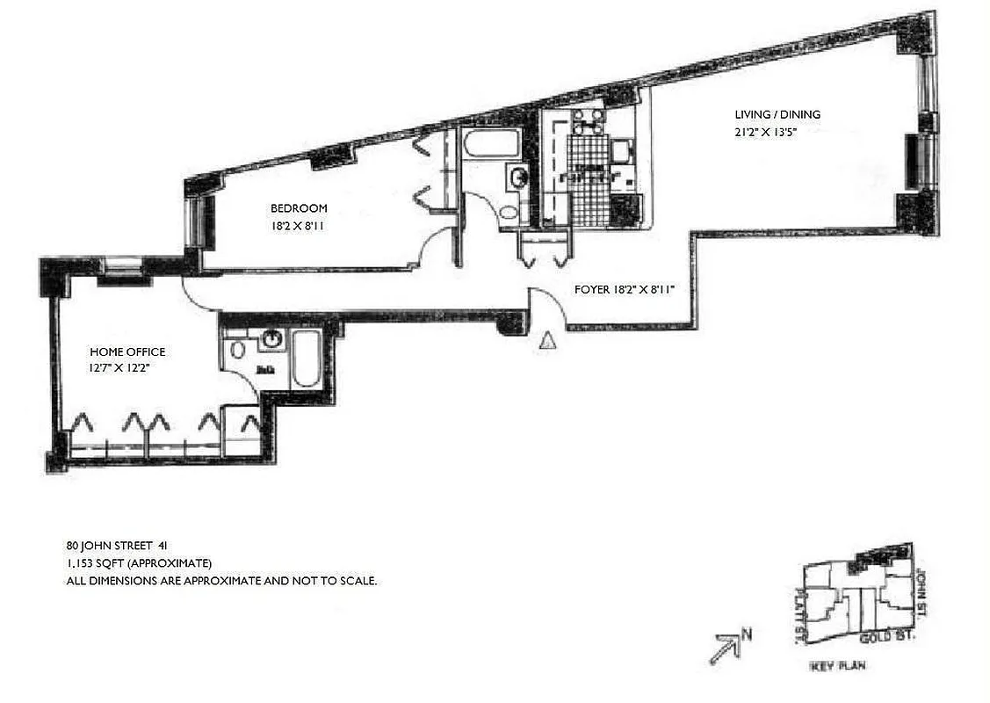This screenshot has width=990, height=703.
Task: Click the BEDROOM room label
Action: tap(299, 208)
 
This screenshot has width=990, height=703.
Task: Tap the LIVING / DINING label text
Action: tap(777, 115)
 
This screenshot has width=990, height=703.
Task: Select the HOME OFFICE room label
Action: tap(127, 351)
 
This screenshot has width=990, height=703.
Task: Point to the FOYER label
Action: tap(592, 289)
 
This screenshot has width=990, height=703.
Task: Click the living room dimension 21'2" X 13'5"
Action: tap(765, 133)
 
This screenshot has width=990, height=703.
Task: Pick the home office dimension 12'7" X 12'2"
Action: tap(121, 368)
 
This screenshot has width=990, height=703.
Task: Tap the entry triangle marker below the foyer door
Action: tap(547, 341)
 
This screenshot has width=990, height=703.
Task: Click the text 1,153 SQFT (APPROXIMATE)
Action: tap(140, 563)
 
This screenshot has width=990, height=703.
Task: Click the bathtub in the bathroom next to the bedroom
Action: tap(490, 144)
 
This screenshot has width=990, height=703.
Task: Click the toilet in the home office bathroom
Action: tap(236, 350)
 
